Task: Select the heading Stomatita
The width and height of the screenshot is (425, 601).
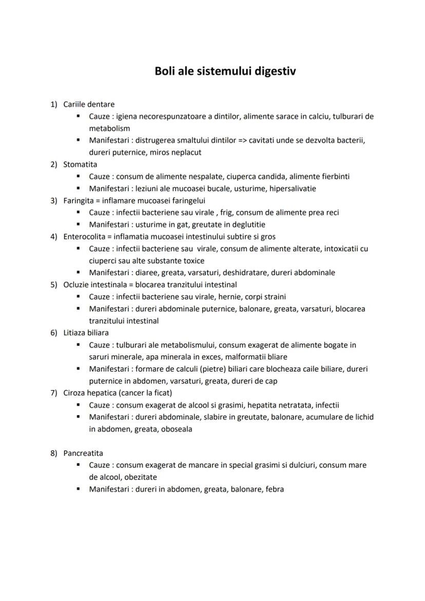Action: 80,164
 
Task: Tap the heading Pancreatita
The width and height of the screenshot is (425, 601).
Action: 83,453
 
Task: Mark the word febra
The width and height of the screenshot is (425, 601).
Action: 274,489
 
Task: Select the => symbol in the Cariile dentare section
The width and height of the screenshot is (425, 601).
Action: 243,140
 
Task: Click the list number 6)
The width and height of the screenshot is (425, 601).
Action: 53,333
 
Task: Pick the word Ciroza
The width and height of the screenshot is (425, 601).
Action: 75,393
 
